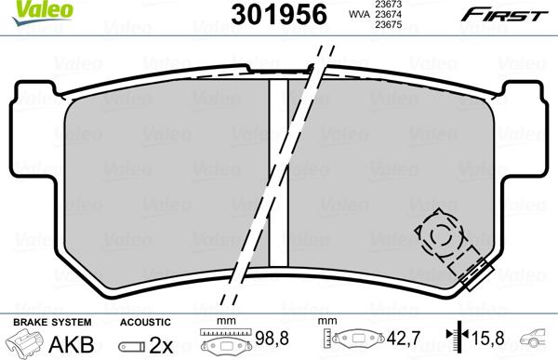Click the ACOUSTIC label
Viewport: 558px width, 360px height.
coord(144,321)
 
